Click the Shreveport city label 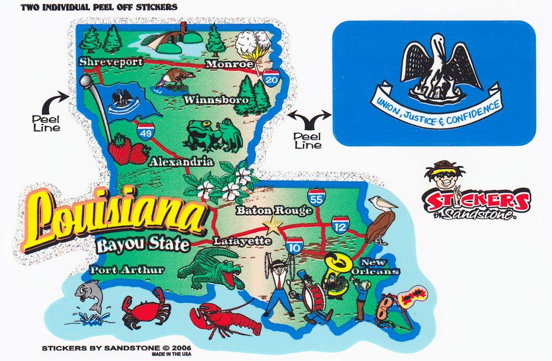pyautogui.click(x=111, y=61)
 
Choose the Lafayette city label pyautogui.click(x=242, y=241)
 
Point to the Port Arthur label pyautogui.click(x=127, y=270)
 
